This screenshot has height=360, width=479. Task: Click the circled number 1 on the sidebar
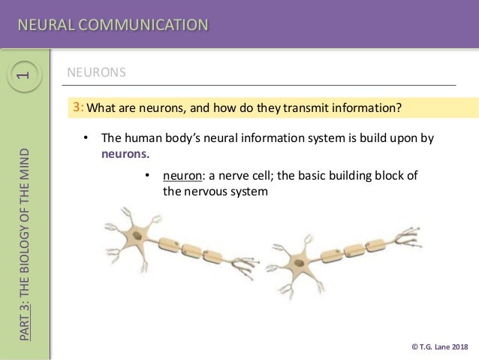24,75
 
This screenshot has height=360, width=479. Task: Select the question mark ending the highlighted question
399,107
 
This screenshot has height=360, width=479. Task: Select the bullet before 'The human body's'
86,139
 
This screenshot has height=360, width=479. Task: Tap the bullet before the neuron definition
147,176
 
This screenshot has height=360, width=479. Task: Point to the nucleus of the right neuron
300,264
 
